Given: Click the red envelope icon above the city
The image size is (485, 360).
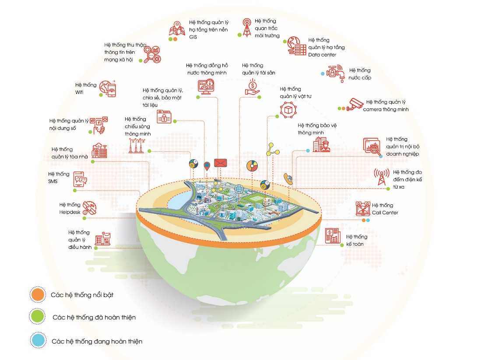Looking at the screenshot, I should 221,163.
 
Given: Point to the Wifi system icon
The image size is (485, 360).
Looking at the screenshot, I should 107,88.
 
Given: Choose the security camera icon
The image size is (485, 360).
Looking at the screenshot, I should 355,104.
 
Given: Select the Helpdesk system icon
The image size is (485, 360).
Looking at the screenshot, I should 89,208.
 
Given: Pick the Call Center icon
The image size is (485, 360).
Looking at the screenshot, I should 362,208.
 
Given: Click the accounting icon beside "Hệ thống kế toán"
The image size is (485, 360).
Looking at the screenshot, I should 333,236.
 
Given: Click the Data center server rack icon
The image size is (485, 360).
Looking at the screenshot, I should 296,46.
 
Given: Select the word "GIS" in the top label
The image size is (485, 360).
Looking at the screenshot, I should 193,38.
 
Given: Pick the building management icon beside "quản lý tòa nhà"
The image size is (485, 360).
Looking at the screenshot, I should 99,150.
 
